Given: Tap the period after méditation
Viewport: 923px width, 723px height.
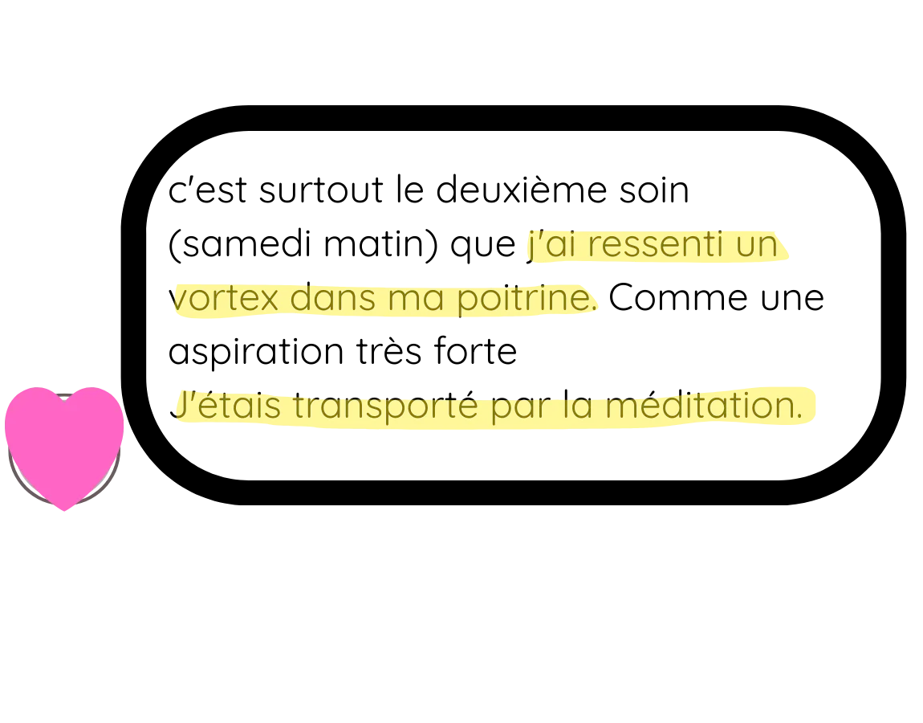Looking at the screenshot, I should (x=799, y=416).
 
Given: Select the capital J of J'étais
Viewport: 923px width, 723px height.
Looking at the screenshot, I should (x=180, y=406).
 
